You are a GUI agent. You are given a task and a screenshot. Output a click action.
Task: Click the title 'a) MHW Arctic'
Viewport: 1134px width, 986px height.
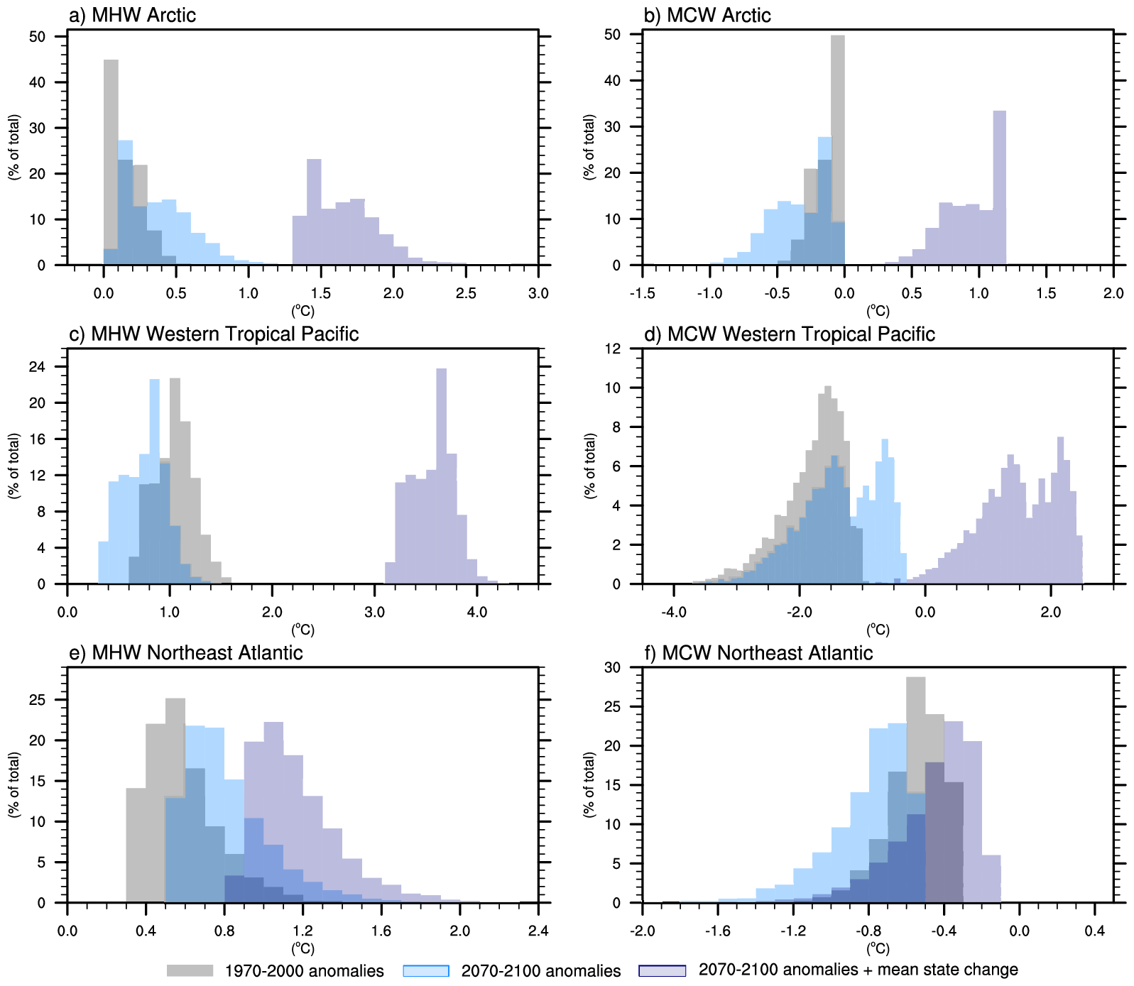click(x=132, y=15)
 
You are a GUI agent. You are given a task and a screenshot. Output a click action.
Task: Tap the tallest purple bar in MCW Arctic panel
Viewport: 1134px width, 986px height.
click(x=999, y=187)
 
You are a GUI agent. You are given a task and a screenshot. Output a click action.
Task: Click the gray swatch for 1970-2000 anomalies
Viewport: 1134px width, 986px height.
click(x=190, y=970)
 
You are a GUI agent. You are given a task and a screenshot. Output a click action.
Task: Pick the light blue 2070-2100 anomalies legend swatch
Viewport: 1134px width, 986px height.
click(x=426, y=970)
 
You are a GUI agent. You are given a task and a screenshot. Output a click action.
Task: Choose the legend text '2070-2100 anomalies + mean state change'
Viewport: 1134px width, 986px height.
click(x=858, y=970)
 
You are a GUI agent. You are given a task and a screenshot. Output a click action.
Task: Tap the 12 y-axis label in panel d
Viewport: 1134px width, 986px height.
click(x=612, y=349)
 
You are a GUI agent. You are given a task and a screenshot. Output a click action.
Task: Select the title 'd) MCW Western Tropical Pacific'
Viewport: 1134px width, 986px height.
click(x=789, y=334)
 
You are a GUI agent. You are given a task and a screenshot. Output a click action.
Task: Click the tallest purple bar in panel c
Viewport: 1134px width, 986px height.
click(x=441, y=476)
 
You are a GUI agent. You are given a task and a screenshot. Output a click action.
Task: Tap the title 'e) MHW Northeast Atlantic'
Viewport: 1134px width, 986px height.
click(x=185, y=652)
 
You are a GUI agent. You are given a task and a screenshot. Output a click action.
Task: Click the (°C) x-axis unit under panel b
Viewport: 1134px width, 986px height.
click(x=878, y=311)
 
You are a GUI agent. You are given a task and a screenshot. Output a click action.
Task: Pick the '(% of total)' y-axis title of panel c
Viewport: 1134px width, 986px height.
click(x=14, y=466)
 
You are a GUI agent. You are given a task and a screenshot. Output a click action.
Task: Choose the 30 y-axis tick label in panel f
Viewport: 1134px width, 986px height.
click(x=612, y=667)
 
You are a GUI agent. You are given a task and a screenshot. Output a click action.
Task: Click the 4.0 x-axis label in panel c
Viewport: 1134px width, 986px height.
click(x=476, y=612)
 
